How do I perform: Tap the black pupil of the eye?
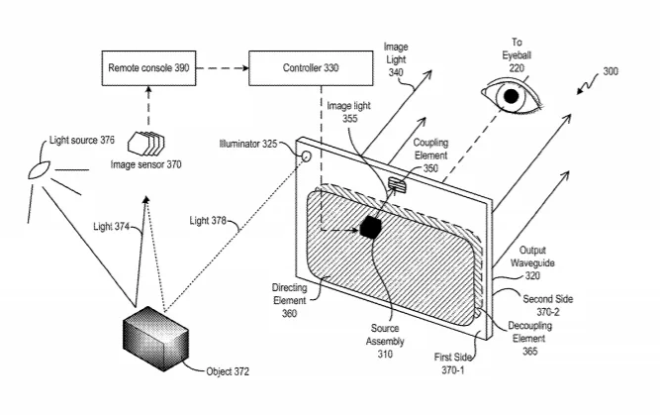pyautogui.click(x=511, y=96)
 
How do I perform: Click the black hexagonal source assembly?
pyautogui.click(x=371, y=227)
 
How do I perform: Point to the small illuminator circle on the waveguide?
pyautogui.click(x=306, y=156)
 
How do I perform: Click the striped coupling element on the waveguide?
pyautogui.click(x=397, y=184)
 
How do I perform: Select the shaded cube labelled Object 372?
pyautogui.click(x=155, y=339)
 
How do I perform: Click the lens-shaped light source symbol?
pyautogui.click(x=39, y=169)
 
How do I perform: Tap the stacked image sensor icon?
pyautogui.click(x=146, y=144)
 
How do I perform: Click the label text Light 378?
pyautogui.click(x=208, y=221)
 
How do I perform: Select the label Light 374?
pyautogui.click(x=111, y=227)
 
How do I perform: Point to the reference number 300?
pyautogui.click(x=611, y=71)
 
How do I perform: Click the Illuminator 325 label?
pyautogui.click(x=248, y=144)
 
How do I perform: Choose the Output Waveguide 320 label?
pyautogui.click(x=532, y=262)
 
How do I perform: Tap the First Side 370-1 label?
pyautogui.click(x=453, y=363)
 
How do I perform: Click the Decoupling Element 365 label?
pyautogui.click(x=530, y=339)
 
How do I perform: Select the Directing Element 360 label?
pyautogui.click(x=290, y=300)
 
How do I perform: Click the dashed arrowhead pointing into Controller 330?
pyautogui.click(x=244, y=68)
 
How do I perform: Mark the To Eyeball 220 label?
pyautogui.click(x=517, y=55)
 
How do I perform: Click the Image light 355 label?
pyautogui.click(x=349, y=112)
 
